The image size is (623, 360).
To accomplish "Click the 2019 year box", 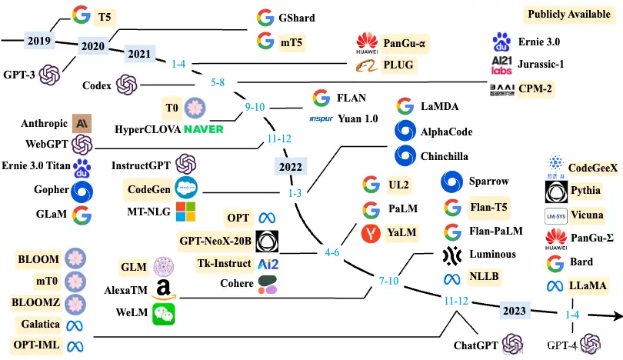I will [x=38, y=41].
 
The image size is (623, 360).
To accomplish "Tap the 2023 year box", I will [x=513, y=312].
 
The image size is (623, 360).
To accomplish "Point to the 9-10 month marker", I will [x=255, y=107].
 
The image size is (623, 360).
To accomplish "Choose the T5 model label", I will [x=104, y=15].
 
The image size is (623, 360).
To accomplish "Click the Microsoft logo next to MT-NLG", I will [x=185, y=211].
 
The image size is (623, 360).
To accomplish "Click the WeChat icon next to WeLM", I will [x=163, y=312].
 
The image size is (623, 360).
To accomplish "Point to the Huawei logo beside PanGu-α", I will [x=367, y=42].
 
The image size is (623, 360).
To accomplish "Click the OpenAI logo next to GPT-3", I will [x=50, y=75].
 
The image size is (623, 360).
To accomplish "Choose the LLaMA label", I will [x=588, y=285].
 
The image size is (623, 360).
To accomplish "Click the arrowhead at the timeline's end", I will [x=615, y=315].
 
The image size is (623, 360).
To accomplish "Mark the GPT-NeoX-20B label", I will [x=215, y=242].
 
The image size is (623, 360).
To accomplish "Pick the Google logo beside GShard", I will [x=265, y=17].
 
